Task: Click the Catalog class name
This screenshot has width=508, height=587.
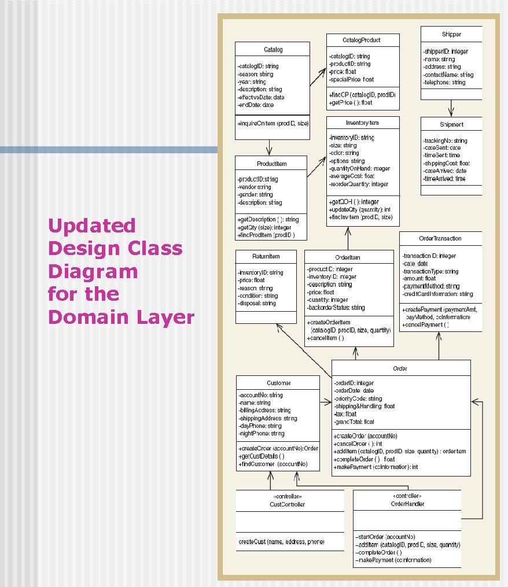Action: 273,49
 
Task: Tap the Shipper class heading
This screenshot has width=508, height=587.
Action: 451,34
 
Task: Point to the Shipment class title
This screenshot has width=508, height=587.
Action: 451,124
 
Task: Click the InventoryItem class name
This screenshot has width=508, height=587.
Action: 362,123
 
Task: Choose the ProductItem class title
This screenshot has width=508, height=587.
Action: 271,164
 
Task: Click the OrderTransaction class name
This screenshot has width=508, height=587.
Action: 440,238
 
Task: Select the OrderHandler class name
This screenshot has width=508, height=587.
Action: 407,504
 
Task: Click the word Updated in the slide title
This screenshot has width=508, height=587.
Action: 91,225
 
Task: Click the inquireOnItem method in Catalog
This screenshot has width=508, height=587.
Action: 273,124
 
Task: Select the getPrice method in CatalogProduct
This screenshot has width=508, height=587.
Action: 351,102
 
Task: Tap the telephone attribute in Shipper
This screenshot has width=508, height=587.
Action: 444,83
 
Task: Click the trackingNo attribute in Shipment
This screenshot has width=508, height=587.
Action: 446,141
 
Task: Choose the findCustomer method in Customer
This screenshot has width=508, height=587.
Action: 273,464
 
